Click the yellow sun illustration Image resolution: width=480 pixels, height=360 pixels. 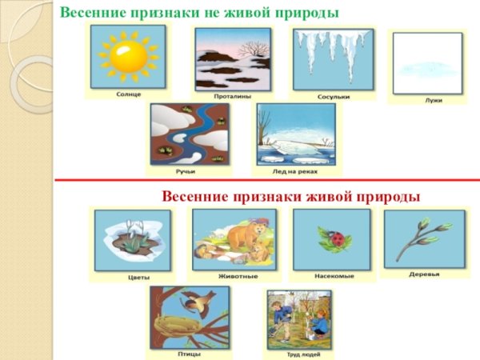(126, 56)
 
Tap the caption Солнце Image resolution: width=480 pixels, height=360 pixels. (126, 94)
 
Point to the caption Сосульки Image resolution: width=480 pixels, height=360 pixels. (332, 96)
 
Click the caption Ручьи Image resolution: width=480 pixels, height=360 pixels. (186, 170)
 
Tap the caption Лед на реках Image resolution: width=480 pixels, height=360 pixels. (294, 170)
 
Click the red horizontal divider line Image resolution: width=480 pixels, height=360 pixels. (264, 181)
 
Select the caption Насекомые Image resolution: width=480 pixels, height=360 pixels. (331, 276)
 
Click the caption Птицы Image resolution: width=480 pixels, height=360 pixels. (189, 353)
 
